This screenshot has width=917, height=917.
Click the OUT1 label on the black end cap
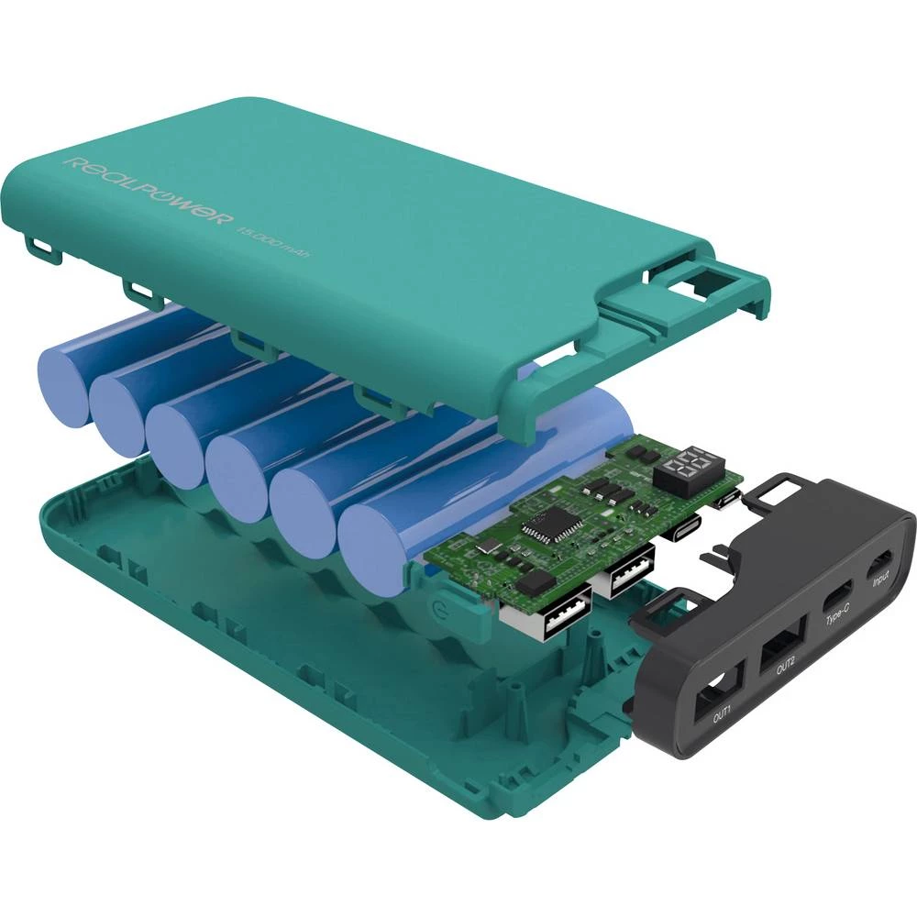tap(723, 711)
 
